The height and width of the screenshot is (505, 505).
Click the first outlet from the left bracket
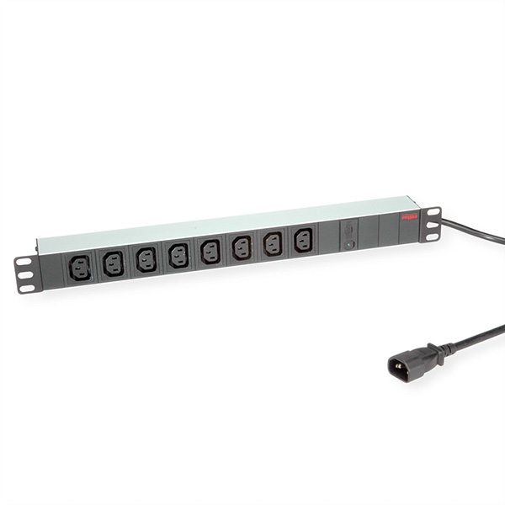pos(80,268)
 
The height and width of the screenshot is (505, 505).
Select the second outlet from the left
pos(113,263)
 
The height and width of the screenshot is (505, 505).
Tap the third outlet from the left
pos(146,259)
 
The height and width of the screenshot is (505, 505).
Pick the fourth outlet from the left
pos(178,255)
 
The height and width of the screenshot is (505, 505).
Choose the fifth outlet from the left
pos(210,251)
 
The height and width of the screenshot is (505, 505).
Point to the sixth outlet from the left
pos(242,247)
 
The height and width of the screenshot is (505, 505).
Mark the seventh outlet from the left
pos(273,243)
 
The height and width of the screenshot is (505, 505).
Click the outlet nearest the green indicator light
pos(303,240)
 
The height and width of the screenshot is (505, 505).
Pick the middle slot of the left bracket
pos(25,275)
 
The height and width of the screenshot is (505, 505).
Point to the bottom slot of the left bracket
pos(26,289)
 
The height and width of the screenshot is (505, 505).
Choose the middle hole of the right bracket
pos(432,224)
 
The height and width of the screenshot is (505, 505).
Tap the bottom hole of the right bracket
pos(433,236)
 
